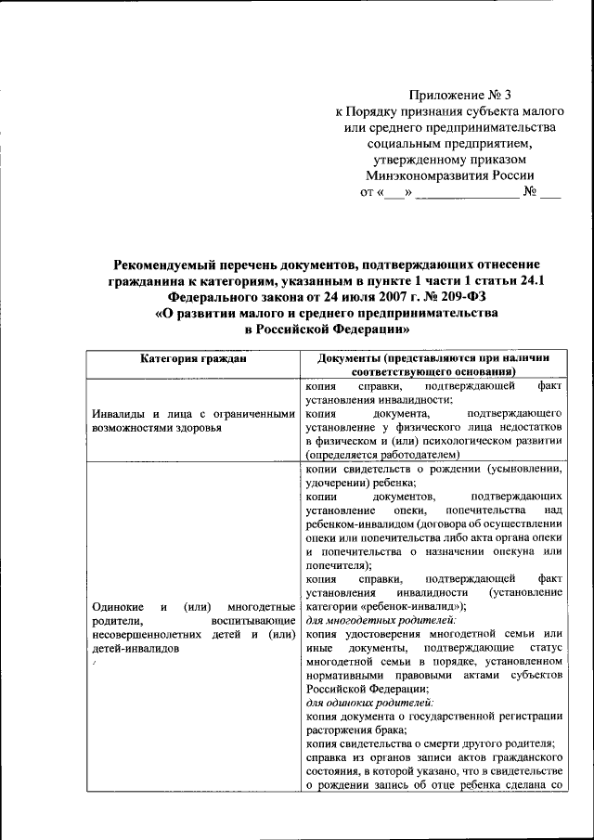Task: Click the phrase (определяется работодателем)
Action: click(382, 456)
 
